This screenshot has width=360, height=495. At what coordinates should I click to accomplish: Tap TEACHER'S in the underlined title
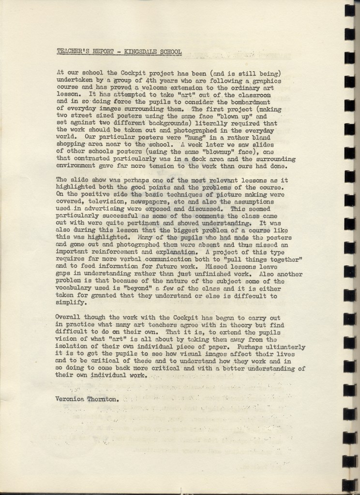tap(72, 51)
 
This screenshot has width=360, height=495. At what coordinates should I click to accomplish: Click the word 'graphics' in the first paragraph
tap(265, 81)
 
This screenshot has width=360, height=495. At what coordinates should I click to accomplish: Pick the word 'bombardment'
tap(250, 102)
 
